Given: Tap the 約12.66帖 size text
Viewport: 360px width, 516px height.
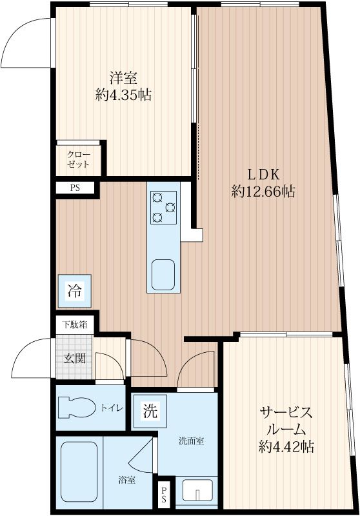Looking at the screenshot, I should pyautogui.click(x=263, y=192).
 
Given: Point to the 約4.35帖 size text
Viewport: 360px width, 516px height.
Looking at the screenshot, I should pyautogui.click(x=123, y=95).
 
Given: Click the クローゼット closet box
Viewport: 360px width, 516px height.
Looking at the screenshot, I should pyautogui.click(x=80, y=159).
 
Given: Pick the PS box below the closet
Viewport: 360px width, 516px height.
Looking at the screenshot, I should pyautogui.click(x=74, y=188).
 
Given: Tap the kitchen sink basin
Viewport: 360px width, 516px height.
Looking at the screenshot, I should pyautogui.click(x=163, y=275).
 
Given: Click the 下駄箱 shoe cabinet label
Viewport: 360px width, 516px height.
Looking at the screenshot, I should pyautogui.click(x=75, y=324).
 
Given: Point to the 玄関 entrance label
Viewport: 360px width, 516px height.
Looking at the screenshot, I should pyautogui.click(x=72, y=358).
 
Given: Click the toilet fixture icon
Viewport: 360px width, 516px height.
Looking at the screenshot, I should pyautogui.click(x=76, y=408).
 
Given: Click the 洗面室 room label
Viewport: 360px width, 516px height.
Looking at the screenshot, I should pyautogui.click(x=192, y=442).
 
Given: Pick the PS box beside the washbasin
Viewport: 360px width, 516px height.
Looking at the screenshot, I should pyautogui.click(x=165, y=495).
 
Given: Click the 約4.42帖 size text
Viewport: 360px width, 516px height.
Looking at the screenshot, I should pyautogui.click(x=287, y=446).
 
